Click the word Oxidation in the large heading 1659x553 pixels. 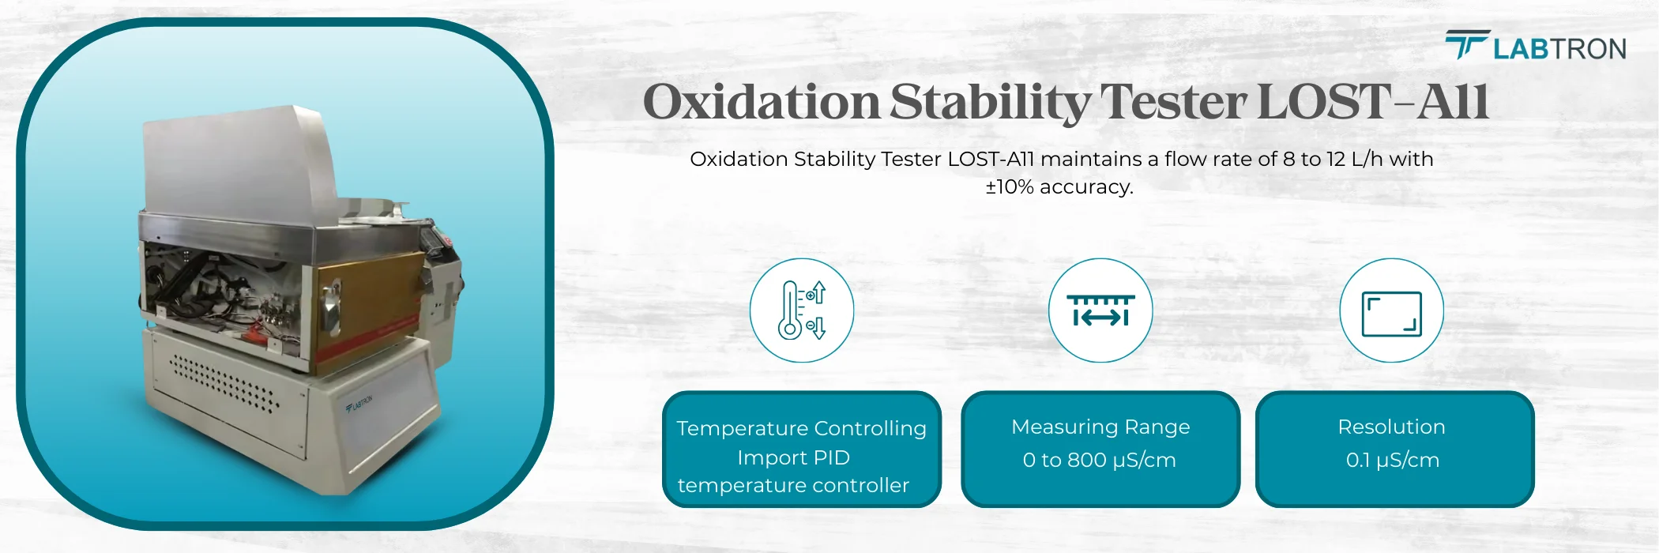pyautogui.click(x=761, y=103)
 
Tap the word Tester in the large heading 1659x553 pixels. pyautogui.click(x=1174, y=103)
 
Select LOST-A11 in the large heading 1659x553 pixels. pyautogui.click(x=1372, y=103)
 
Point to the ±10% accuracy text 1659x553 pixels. pyautogui.click(x=1059, y=187)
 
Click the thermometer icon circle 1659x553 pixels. pyautogui.click(x=801, y=310)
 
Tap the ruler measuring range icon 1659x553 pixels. pyautogui.click(x=1100, y=310)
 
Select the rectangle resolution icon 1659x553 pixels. pyautogui.click(x=1391, y=314)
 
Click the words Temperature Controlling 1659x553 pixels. pyautogui.click(x=801, y=428)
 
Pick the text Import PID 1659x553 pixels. pyautogui.click(x=793, y=457)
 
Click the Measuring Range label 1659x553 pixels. pyautogui.click(x=1100, y=427)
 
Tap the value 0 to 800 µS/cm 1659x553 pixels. pyautogui.click(x=1099, y=460)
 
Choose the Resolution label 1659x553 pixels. pyautogui.click(x=1391, y=427)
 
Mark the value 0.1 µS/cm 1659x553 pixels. pyautogui.click(x=1392, y=460)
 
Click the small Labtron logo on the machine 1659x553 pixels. pyautogui.click(x=359, y=404)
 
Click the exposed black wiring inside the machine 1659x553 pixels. pyautogui.click(x=190, y=292)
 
